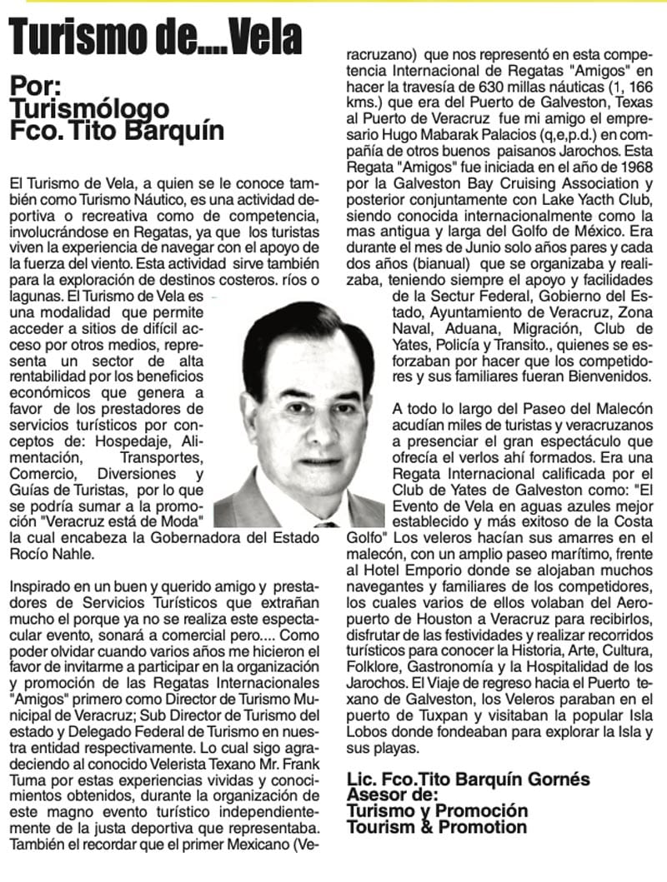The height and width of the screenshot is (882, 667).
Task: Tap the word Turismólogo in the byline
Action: click(x=89, y=108)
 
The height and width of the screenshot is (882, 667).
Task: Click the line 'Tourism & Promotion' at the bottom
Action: click(x=437, y=827)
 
